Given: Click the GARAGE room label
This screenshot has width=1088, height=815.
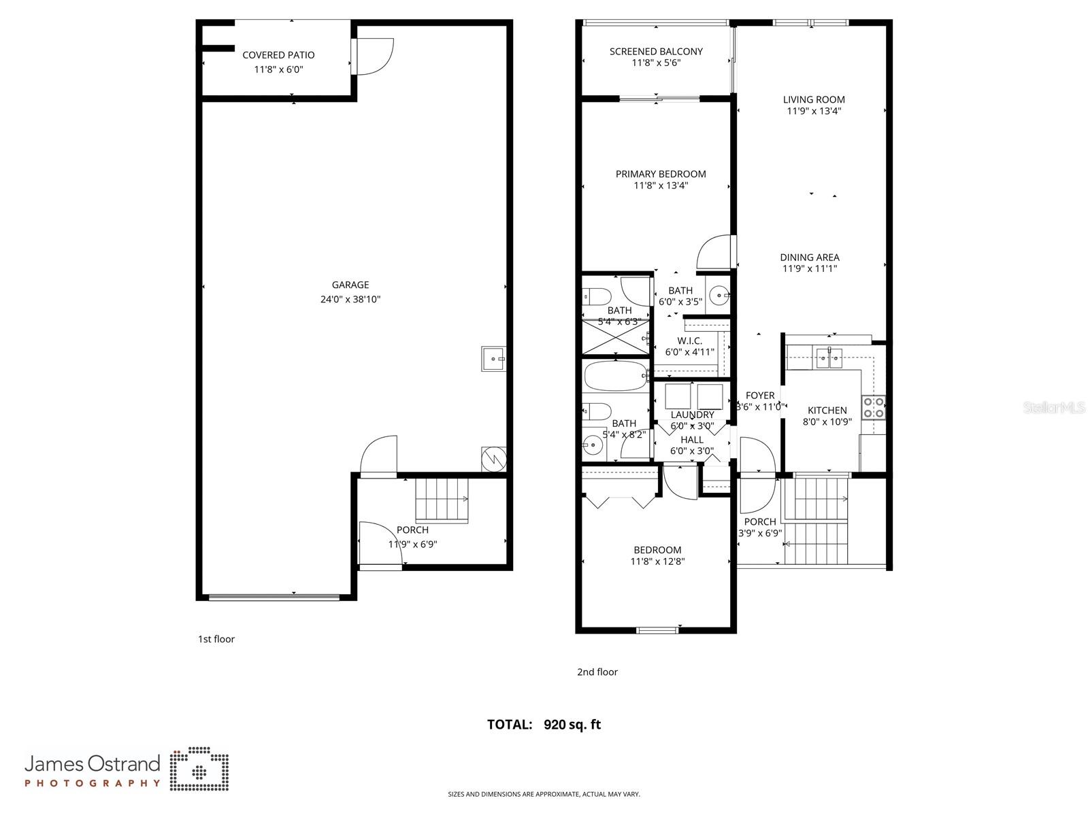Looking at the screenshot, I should point(350,285).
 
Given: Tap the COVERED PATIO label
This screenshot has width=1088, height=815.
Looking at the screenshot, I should point(278,55).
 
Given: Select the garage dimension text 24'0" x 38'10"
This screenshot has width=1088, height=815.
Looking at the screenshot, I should point(350,299).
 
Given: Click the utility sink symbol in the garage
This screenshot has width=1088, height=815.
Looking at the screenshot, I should point(493,358).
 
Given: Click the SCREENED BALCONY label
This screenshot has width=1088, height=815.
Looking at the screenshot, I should point(656,51).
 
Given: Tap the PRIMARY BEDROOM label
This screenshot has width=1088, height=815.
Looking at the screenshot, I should point(661,174).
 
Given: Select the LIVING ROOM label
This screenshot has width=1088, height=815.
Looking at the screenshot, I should point(814,99).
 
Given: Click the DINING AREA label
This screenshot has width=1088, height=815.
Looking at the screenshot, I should point(810,257).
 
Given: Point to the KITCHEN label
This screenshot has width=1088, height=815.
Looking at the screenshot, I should point(827,410).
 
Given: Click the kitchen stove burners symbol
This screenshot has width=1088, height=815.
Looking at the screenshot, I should point(874,407).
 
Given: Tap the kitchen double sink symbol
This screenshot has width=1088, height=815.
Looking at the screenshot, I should point(829,358).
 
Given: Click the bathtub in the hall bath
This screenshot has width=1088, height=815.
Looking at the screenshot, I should point(616,375).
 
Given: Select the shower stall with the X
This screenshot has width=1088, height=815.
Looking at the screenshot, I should point(614,337).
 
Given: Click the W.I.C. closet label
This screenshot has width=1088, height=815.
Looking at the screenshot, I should point(689,341).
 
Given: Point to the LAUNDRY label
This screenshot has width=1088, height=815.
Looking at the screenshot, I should point(692,415).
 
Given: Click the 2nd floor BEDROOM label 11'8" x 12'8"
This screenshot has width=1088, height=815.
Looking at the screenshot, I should point(657,550).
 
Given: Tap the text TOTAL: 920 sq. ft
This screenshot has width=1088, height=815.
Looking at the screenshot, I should point(544,725).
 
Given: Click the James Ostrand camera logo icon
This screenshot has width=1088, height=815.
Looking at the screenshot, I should point(199,770).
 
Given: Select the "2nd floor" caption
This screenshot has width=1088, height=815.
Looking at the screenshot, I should point(597,672).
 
